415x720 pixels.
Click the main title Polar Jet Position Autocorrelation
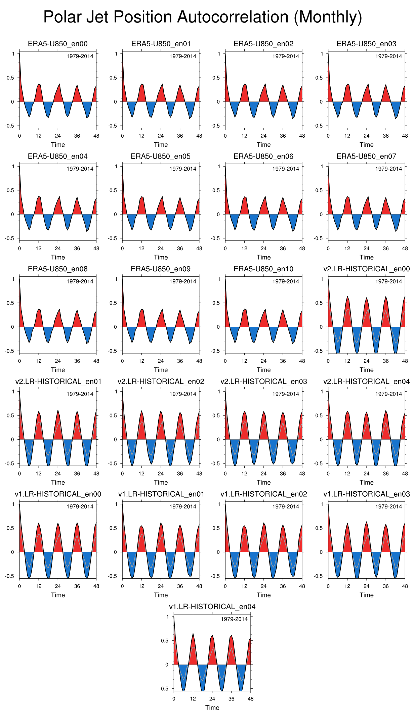203,17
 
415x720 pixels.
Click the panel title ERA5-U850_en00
58,44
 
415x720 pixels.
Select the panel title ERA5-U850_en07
366,156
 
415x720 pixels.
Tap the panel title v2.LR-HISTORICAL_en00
366,269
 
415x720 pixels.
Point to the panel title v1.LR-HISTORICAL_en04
212,606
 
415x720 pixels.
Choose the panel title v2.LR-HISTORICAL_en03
263,381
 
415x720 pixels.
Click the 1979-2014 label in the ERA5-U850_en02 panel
286,56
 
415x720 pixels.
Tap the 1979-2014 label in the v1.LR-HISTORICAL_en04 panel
234,619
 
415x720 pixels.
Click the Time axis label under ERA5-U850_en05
161,257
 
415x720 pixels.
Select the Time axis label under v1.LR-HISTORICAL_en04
212,708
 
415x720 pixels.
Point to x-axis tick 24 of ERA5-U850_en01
161,136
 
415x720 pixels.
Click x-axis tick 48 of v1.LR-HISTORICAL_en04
251,699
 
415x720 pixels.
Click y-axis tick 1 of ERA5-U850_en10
219,279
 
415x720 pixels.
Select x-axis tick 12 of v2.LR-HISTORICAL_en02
141,474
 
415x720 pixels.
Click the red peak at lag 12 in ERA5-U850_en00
39,92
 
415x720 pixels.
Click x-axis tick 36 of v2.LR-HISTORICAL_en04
386,474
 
